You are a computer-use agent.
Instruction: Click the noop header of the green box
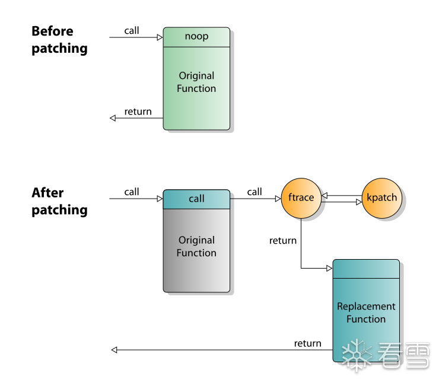(196, 37)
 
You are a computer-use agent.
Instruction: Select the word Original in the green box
(196, 76)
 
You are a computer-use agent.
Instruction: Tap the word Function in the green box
(196, 89)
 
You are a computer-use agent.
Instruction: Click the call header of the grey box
(196, 199)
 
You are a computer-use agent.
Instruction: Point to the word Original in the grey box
(196, 240)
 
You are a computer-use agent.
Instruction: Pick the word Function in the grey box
(196, 253)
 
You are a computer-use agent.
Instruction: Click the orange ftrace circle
(301, 197)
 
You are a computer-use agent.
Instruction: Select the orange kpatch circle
(382, 197)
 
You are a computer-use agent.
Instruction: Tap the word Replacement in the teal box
(366, 307)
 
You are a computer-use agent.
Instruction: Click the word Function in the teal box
(366, 320)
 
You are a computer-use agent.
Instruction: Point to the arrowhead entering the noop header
(160, 37)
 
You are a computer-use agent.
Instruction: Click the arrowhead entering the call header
(160, 199)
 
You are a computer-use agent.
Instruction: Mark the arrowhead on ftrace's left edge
(278, 198)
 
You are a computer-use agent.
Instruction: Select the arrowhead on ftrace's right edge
(325, 198)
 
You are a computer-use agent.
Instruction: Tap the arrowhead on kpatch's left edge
(359, 202)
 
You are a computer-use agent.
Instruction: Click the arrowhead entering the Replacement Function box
(329, 269)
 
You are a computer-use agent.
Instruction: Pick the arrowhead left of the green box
(113, 117)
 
